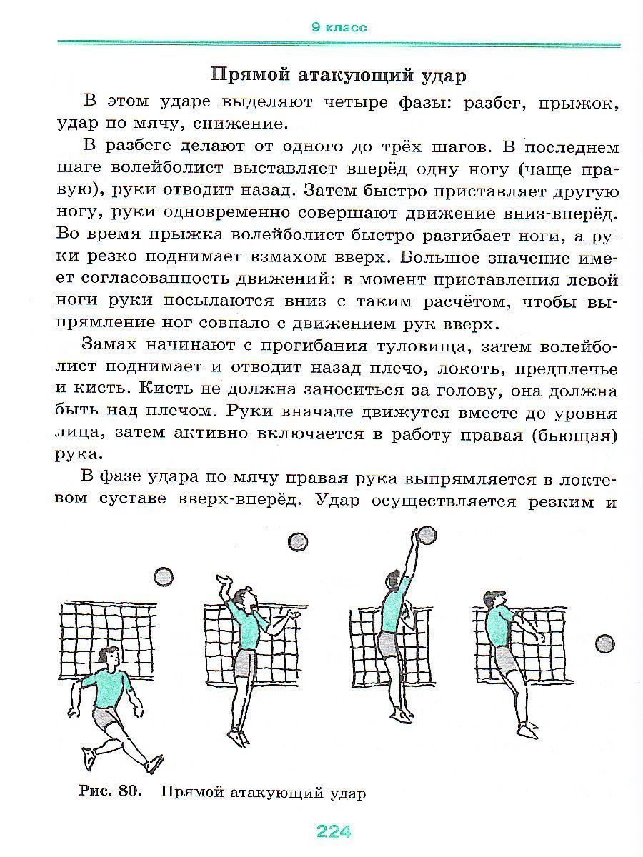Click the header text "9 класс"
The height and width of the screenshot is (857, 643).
[339, 28]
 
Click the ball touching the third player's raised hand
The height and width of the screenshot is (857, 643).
[427, 535]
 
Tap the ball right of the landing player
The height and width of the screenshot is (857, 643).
[605, 644]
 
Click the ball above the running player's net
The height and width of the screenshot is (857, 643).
[164, 577]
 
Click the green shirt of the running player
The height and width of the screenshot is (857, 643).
[109, 688]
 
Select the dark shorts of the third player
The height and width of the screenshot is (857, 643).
[389, 646]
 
